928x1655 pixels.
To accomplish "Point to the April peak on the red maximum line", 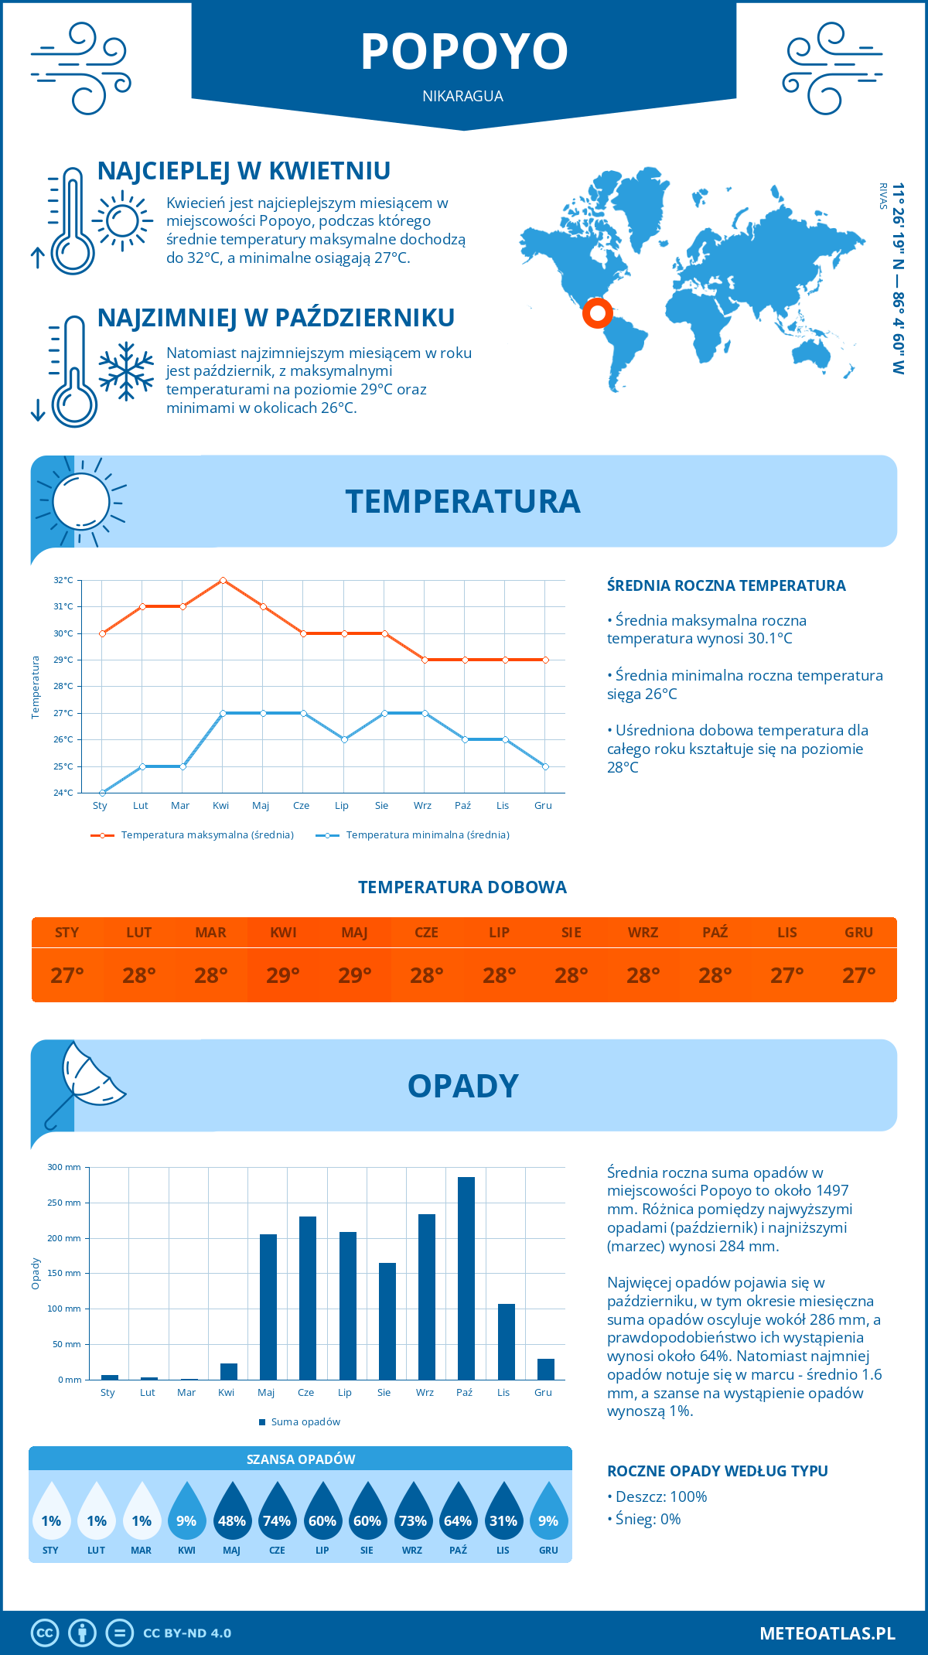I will (223, 580).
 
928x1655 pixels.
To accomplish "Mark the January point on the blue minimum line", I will (102, 793).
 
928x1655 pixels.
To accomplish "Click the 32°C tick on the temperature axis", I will (63, 580).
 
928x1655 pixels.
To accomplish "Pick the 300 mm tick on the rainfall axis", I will (65, 1167).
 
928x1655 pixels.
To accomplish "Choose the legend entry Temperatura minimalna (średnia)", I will (427, 835).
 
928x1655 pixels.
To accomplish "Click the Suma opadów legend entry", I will (305, 1422).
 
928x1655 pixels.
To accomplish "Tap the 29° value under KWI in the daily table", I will (283, 975).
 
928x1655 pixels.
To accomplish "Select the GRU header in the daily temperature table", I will (858, 933).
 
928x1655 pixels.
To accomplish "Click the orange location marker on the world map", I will (597, 313).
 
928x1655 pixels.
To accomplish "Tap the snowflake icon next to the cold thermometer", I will (126, 371).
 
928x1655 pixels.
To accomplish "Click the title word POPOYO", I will (464, 52).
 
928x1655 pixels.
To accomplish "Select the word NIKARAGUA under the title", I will (462, 96).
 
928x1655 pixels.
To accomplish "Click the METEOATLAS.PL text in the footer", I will (827, 1633).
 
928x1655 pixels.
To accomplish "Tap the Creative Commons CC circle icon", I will (45, 1633).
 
